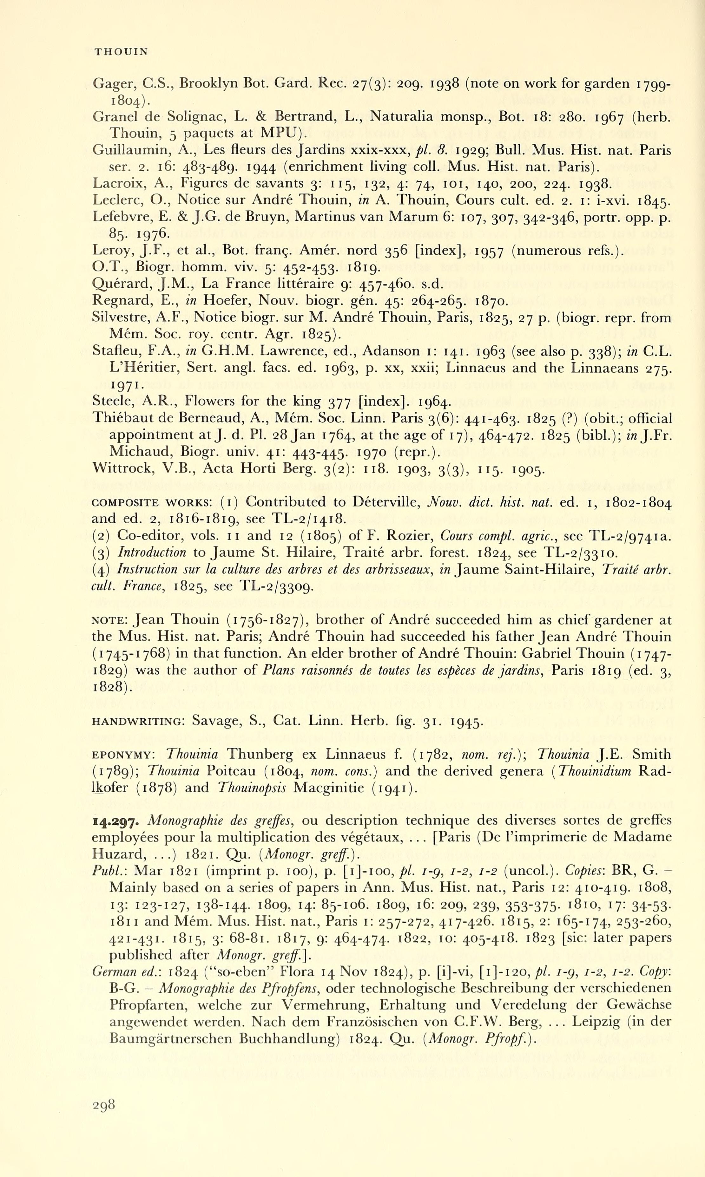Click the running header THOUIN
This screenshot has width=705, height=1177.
121,52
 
